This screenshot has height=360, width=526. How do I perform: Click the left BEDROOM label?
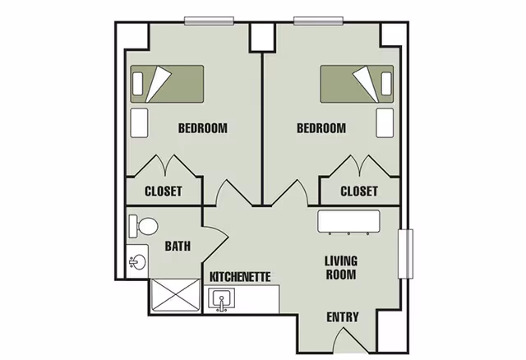pyautogui.click(x=202, y=128)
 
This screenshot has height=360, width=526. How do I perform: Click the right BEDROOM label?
pyautogui.click(x=321, y=128)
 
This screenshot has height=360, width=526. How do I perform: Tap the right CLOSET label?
pyautogui.click(x=359, y=192)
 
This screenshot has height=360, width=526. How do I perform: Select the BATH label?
pyautogui.click(x=178, y=245)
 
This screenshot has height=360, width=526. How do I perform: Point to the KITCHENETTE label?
pyautogui.click(x=240, y=277)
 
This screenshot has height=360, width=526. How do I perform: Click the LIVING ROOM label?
pyautogui.click(x=340, y=268)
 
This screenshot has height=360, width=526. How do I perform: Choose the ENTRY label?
pyautogui.click(x=342, y=317)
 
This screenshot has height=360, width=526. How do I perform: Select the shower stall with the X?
pyautogui.click(x=174, y=297)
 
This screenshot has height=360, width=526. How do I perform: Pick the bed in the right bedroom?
pyautogui.click(x=357, y=83)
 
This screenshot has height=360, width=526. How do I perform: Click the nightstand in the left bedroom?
pyautogui.click(x=139, y=122)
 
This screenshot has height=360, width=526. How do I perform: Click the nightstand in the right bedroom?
pyautogui.click(x=385, y=122)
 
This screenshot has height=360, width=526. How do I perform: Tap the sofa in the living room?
pyautogui.click(x=349, y=221)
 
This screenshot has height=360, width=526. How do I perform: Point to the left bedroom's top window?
pyautogui.click(x=203, y=21)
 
